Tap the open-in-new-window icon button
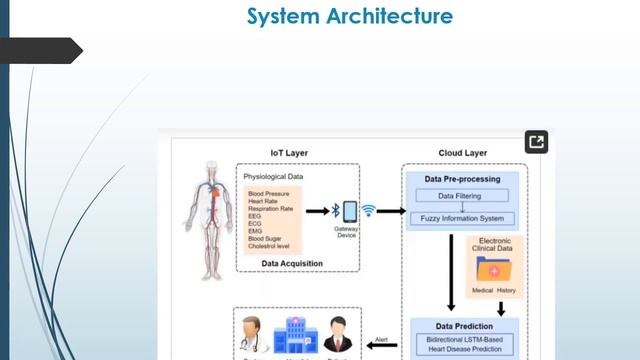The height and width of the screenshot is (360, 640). click(x=536, y=142)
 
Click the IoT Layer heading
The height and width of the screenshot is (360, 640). click(x=290, y=154)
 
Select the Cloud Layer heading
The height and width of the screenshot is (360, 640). click(x=461, y=154)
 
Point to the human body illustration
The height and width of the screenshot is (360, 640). click(x=206, y=215)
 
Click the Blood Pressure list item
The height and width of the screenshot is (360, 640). click(x=270, y=192)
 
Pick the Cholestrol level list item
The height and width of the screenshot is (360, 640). click(x=272, y=246)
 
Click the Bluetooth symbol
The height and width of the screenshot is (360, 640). click(x=335, y=211)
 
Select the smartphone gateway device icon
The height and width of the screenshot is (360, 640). click(x=350, y=211)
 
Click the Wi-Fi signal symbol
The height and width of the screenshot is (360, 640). click(x=368, y=211)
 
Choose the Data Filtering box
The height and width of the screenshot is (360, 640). click(x=460, y=196)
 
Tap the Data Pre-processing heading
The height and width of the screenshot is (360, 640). click(x=461, y=179)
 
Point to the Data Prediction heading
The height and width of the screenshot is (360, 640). click(x=463, y=326)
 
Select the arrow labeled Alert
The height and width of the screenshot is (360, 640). click(x=381, y=345)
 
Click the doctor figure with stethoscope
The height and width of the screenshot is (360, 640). click(x=251, y=336)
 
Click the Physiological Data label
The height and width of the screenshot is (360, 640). click(x=273, y=177)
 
